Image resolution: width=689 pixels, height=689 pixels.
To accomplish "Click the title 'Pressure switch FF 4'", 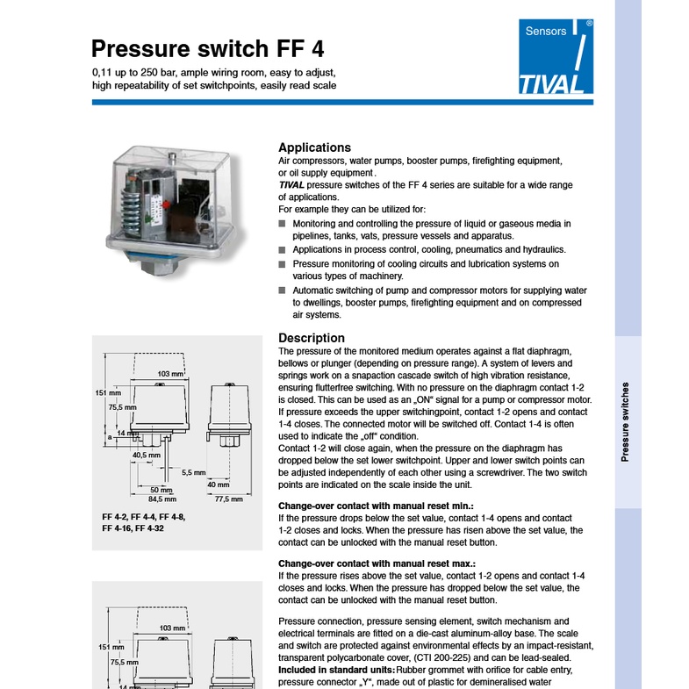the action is point(207,48).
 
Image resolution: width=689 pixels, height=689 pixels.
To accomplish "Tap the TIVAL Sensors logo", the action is point(556,56).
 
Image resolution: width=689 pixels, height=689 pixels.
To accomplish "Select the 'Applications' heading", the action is point(314,147).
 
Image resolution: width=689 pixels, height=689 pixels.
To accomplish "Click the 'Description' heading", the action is point(312,338).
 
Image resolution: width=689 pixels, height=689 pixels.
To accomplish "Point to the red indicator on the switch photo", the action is point(166,205).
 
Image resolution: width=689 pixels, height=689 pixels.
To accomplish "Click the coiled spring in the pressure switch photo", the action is point(131,206).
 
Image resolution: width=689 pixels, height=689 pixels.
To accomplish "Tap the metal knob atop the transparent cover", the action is point(173,157).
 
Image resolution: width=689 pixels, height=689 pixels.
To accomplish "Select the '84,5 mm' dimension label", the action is point(162,499).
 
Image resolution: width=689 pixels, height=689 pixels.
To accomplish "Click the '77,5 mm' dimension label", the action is point(228,499).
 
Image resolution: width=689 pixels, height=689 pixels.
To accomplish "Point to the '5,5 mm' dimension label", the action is point(194,473).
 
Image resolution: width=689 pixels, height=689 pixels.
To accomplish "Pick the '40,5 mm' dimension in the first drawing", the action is point(147,456).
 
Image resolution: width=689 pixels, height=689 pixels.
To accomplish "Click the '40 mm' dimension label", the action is point(219,484).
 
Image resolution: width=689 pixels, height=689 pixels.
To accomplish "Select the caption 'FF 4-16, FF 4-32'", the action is point(133,528).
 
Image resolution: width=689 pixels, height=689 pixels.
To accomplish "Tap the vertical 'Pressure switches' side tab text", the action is point(625,422).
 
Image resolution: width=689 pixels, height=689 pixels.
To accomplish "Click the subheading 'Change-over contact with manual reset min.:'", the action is point(376,506).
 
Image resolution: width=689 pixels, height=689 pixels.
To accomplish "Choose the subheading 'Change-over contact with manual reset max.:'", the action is point(377,563).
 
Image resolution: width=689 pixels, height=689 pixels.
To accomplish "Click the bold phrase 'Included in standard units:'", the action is point(336,670).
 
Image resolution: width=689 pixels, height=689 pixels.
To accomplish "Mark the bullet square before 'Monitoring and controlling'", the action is point(282,224).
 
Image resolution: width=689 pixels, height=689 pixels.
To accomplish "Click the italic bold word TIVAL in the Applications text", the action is point(291,185).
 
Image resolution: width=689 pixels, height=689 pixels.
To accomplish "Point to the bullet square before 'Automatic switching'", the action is point(282,291).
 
